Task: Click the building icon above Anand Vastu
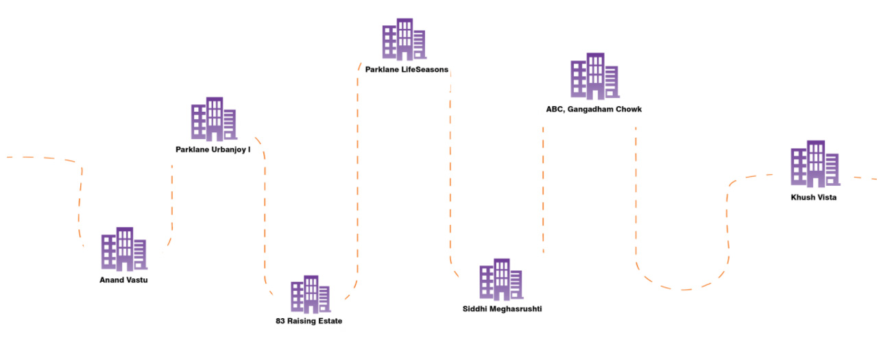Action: (x=124, y=249)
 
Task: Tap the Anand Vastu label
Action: (x=123, y=280)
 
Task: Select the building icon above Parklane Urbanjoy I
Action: (x=213, y=119)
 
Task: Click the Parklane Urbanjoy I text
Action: (x=213, y=149)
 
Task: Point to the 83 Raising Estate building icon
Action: (x=310, y=294)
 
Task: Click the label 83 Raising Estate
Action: (x=309, y=321)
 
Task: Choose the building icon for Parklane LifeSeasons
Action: (x=404, y=39)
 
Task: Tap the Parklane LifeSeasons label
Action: (x=407, y=69)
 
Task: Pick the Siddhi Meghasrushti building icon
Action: (x=500, y=279)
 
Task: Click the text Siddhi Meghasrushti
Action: (x=502, y=309)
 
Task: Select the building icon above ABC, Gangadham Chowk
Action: (x=594, y=75)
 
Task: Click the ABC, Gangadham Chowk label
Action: (x=594, y=109)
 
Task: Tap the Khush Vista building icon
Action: (x=814, y=164)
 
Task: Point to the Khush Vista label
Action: (x=814, y=197)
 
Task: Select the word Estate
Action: (x=328, y=321)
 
